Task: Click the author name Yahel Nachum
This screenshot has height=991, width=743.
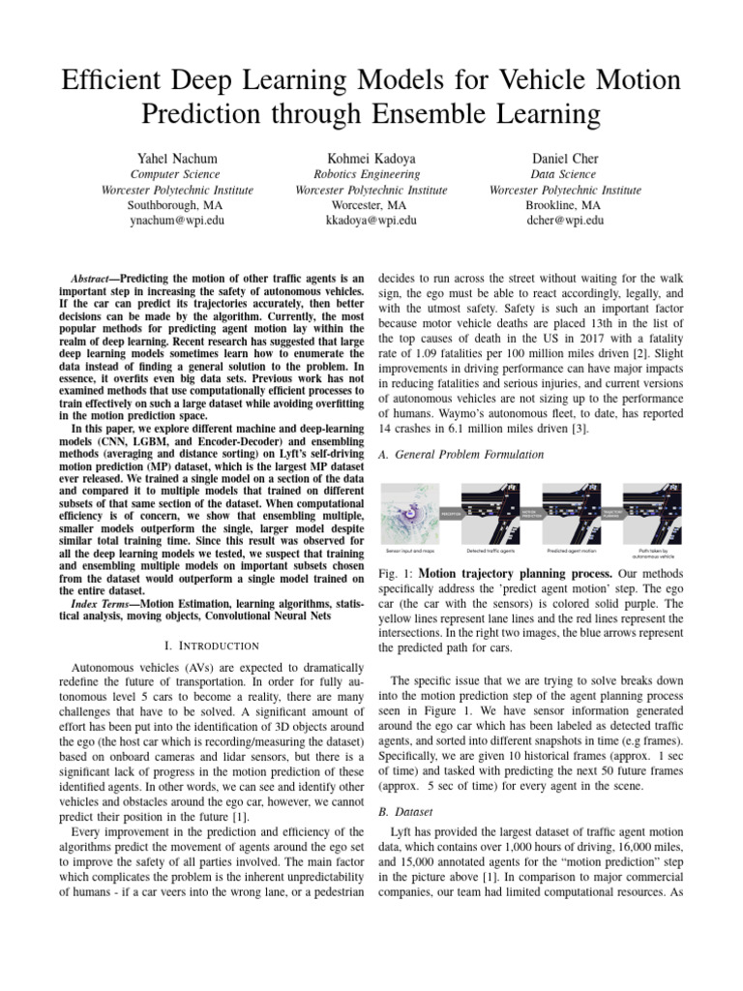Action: coord(177,158)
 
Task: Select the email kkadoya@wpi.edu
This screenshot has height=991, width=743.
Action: coord(371,221)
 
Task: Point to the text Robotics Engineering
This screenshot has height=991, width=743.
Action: coord(371,174)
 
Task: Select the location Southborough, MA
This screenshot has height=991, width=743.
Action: coord(177,205)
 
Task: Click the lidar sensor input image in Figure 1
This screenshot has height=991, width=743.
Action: coord(410,513)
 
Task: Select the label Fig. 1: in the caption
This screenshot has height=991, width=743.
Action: coord(394,574)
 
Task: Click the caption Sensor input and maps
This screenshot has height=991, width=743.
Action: coord(410,551)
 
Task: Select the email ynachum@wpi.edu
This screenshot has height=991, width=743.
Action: coord(177,221)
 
